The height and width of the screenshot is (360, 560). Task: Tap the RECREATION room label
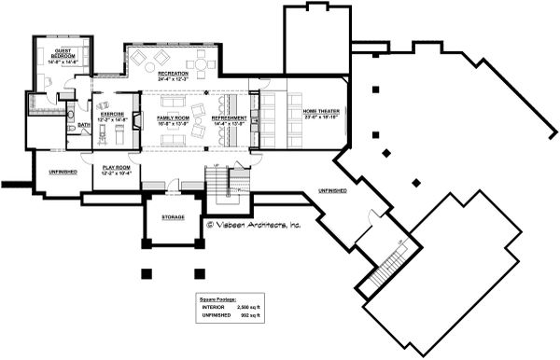(173, 73)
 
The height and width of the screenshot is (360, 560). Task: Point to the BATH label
(83, 124)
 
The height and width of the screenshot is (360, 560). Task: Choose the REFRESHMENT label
(229, 118)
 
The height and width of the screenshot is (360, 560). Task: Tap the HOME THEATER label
(320, 113)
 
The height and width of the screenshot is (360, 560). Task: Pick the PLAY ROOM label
(116, 166)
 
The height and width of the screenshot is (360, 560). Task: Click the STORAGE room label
(173, 217)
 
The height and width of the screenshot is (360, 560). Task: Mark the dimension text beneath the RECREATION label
(173, 78)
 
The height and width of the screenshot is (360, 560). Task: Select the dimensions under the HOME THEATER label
(320, 118)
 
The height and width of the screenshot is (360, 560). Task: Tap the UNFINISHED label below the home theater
(331, 190)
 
